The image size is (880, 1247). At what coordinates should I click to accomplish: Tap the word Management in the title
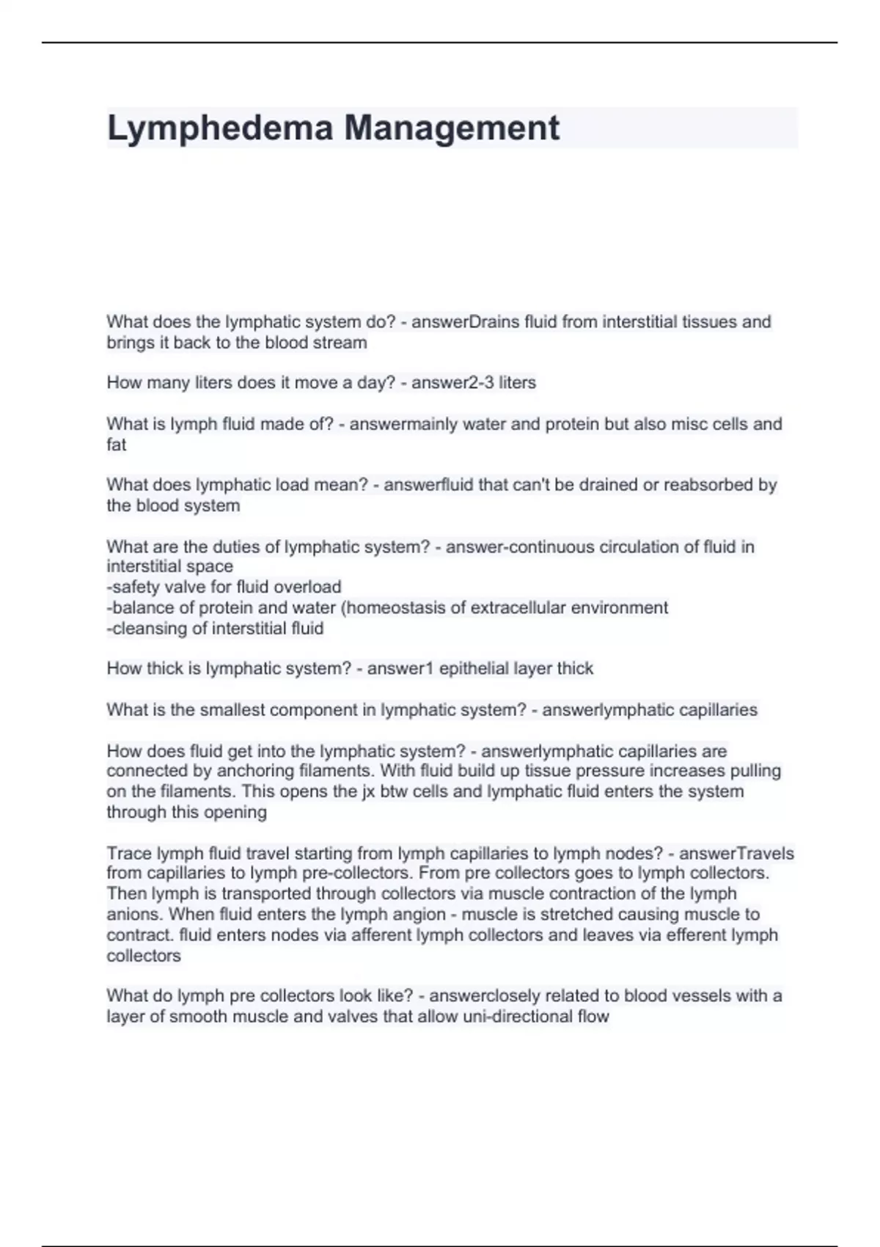pos(452,128)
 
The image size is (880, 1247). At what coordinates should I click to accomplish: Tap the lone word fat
pos(116,445)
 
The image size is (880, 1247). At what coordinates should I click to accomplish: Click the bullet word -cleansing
pos(147,628)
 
